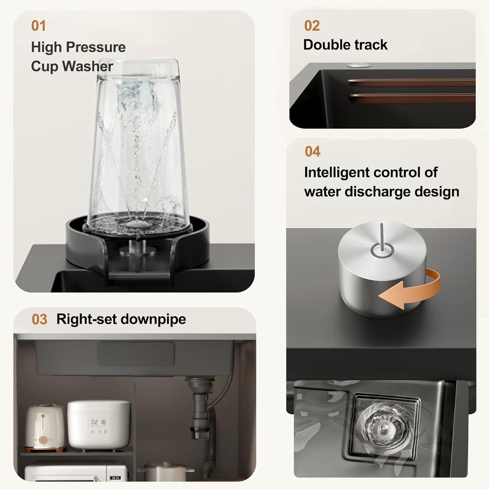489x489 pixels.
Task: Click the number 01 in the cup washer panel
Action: pos(39,26)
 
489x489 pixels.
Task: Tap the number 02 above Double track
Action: pos(312,26)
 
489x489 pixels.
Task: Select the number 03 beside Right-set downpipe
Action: pos(39,319)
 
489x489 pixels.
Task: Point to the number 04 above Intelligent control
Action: pos(312,152)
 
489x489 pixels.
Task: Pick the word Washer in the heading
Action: pos(88,66)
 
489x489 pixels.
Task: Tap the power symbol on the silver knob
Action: pos(382,243)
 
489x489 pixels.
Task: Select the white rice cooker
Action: pos(99,425)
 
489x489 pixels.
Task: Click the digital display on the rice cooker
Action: pos(99,422)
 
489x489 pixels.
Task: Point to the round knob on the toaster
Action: pos(43,440)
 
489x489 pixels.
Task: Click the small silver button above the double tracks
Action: pos(359,65)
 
